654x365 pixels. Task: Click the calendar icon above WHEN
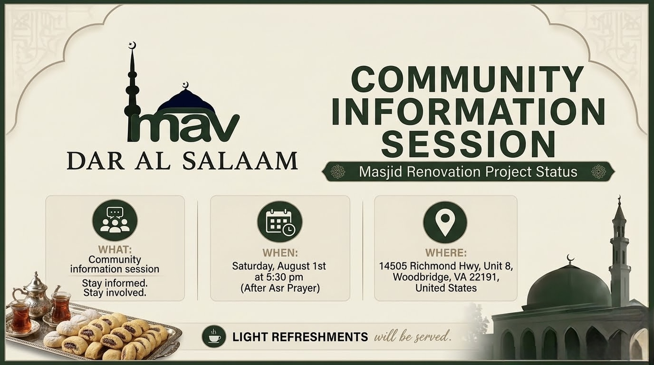coord(280,222)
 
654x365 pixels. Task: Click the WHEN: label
coord(280,253)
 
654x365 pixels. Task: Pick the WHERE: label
coord(446,253)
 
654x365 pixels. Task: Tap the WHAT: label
coord(115,249)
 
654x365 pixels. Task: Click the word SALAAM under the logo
coord(240,161)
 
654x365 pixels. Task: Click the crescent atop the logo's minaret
coord(133,45)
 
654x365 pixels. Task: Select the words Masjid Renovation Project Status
coord(468,172)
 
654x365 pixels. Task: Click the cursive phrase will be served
coord(412,336)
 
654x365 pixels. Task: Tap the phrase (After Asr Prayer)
coord(280,288)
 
